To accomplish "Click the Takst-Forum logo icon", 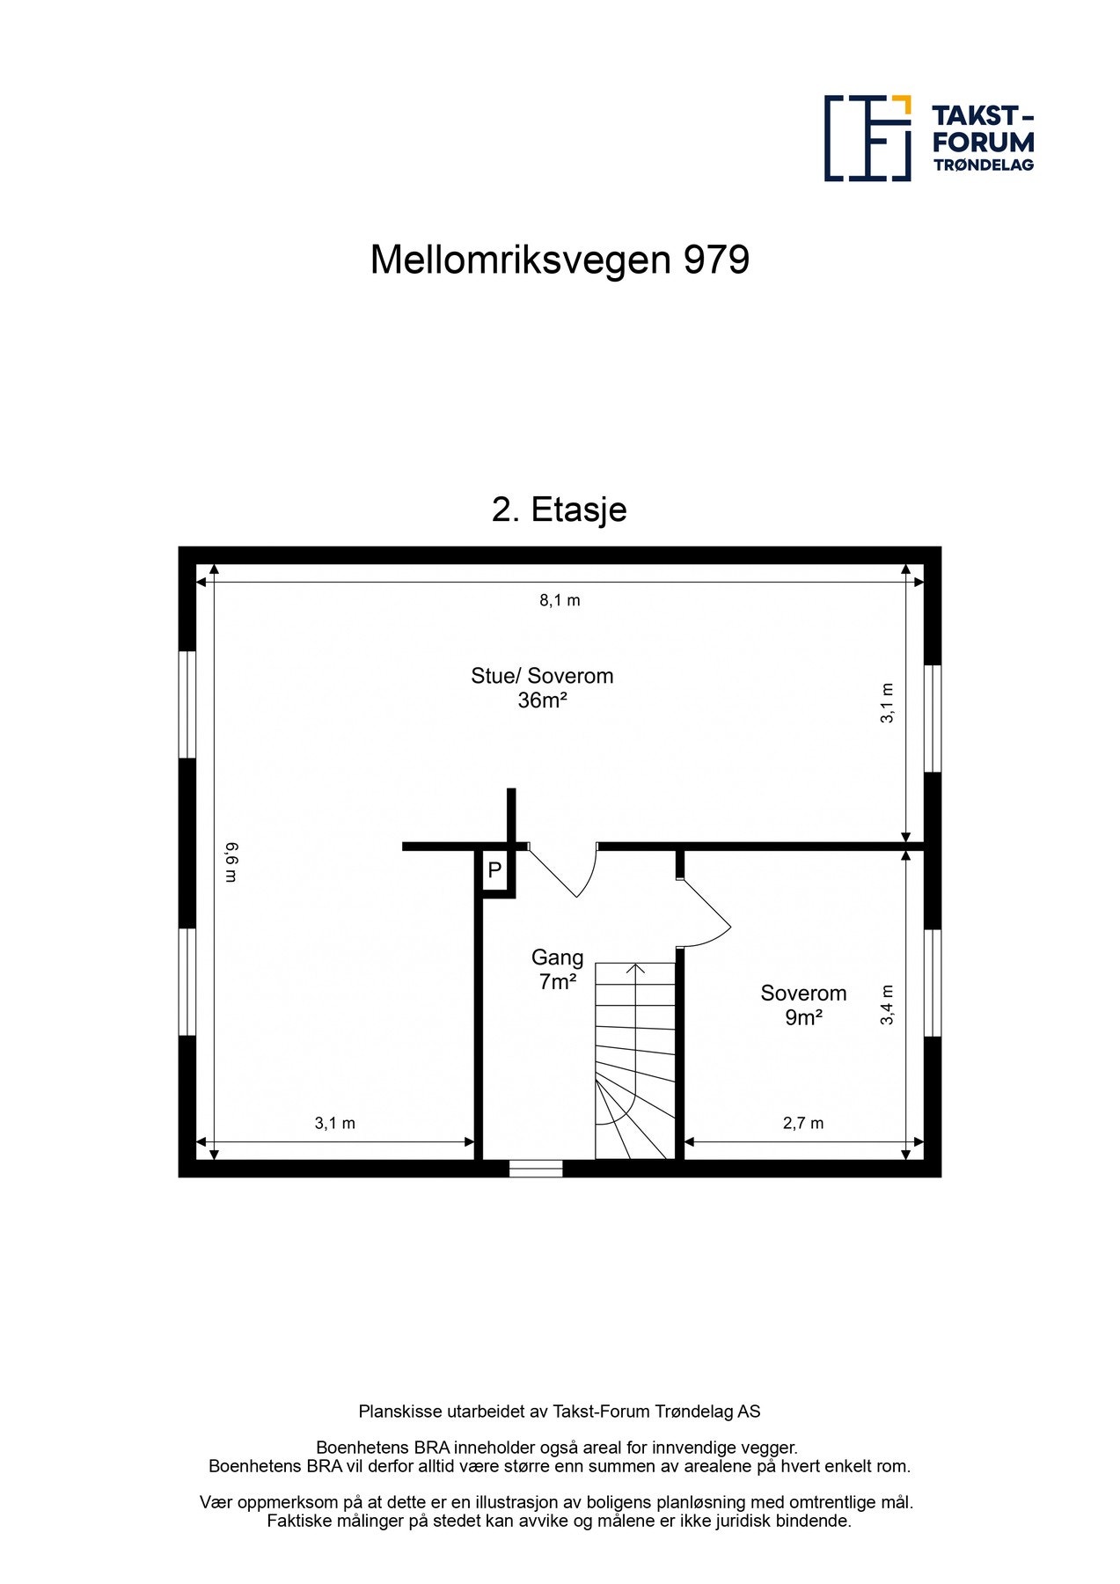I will coord(867,138).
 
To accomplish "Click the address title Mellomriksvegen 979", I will coord(560,260).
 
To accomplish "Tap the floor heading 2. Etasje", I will coord(559,510).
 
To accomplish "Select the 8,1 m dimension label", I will coord(560,600).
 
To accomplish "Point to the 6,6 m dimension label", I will coord(231,862).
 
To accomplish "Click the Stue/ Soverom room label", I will coord(542,676).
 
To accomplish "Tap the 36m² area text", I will coord(542,700).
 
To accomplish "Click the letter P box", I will coord(494,871).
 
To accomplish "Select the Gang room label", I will coord(557,957).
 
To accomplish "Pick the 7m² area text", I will coord(557,982).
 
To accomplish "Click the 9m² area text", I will coord(803,1018).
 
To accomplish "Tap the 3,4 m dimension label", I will coord(887,1004).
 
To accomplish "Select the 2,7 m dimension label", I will coord(803,1123).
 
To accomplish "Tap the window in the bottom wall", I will coord(536,1169).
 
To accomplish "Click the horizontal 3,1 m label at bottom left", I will coord(335,1123).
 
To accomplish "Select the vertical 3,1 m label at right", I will coord(887,703).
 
